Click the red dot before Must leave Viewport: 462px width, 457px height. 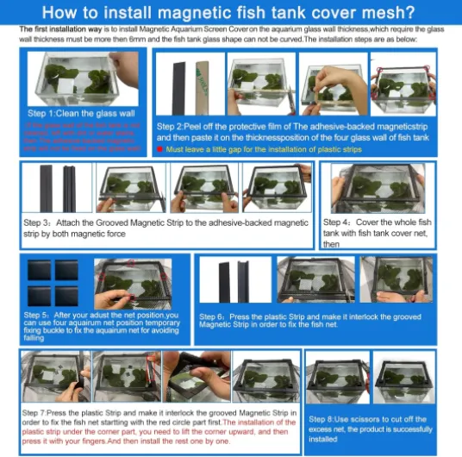[160, 149]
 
